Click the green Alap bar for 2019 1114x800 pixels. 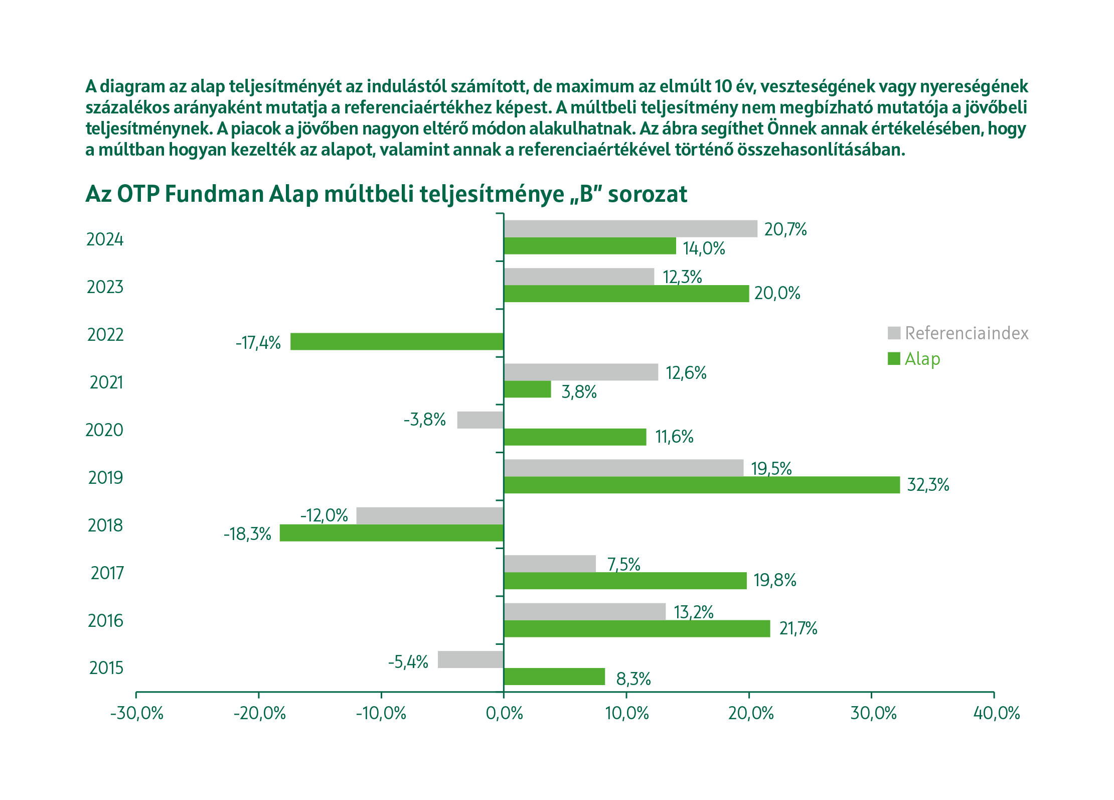coord(701,485)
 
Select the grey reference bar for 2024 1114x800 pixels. coord(630,229)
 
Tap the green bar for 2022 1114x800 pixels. coord(397,342)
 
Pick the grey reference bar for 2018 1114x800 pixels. coord(430,515)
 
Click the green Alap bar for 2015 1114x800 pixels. coord(554,677)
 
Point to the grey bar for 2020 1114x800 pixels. coord(480,420)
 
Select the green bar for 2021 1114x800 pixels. coord(527,389)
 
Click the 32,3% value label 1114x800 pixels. coord(928,485)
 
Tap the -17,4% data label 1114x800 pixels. coord(258,343)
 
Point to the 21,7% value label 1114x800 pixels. coord(798,628)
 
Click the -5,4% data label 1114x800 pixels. coord(408,662)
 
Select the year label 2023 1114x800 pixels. coord(105,287)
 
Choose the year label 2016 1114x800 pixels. coord(105,621)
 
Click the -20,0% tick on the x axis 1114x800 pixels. coord(259,713)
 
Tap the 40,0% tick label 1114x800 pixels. coord(997,713)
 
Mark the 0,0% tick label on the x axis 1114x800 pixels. coord(504,713)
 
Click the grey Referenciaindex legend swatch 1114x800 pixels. coord(894,333)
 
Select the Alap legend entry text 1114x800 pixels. coord(922,359)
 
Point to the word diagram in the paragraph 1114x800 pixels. coord(132,87)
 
